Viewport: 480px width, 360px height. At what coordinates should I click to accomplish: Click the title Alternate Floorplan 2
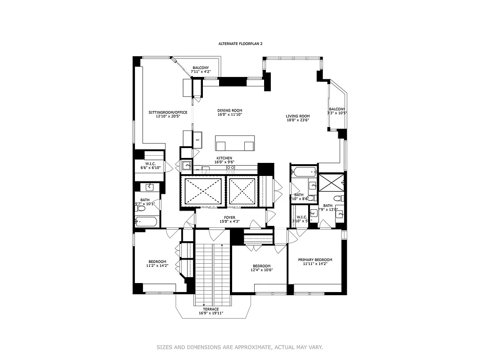240,44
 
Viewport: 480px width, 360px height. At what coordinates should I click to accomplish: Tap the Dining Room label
230,110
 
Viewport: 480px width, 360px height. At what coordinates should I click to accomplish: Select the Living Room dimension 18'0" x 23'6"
298,120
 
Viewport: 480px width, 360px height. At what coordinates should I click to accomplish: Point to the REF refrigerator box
197,140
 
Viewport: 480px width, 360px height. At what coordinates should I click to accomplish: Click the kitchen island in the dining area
234,143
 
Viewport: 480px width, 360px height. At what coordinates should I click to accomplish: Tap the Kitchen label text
224,158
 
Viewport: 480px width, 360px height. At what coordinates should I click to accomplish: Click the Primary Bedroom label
315,260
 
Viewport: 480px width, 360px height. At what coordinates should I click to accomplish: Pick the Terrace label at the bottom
211,309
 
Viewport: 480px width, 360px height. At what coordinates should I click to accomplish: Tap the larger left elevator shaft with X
202,191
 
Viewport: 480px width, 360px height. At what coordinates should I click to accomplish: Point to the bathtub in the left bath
147,221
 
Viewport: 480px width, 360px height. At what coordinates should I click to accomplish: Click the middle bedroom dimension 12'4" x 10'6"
261,270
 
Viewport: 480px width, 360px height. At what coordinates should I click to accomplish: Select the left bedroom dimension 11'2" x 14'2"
157,265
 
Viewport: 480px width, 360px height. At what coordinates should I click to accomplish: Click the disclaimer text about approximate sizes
240,347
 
